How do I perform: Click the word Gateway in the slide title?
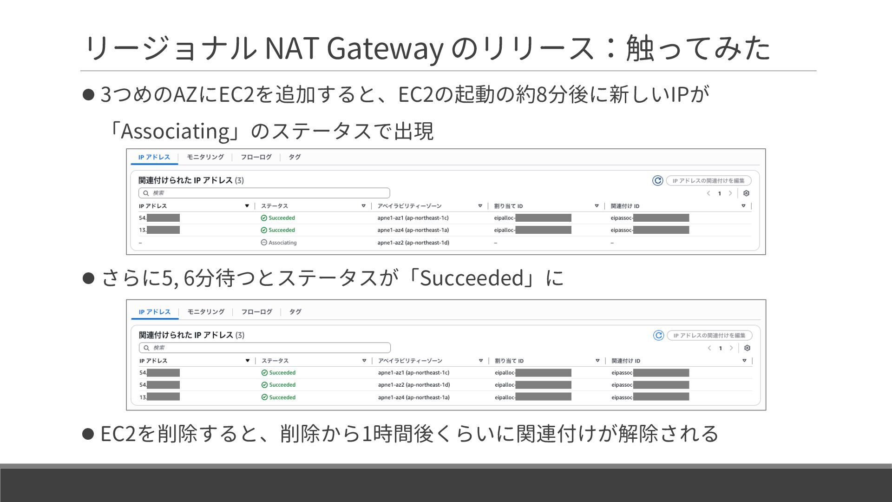coord(384,48)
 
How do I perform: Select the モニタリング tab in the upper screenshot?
coord(205,157)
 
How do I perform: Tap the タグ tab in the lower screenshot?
coord(295,312)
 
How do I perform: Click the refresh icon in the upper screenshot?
coord(657,180)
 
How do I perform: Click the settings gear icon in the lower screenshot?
coord(747,348)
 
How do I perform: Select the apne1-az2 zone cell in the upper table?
coord(413,243)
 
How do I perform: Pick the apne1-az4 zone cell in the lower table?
coord(413,397)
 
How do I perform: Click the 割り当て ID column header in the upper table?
coord(508,206)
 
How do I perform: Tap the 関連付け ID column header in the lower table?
coord(626,361)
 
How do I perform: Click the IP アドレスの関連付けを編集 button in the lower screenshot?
coord(709,335)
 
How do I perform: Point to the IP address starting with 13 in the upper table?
coord(159,230)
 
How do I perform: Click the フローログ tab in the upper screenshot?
coord(256,157)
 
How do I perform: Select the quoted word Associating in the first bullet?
coord(175,131)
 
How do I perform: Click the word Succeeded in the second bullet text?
coord(472,278)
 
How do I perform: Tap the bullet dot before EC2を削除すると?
coord(88,434)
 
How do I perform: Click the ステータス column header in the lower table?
coord(275,361)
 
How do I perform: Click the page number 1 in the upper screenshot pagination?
coord(720,193)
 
